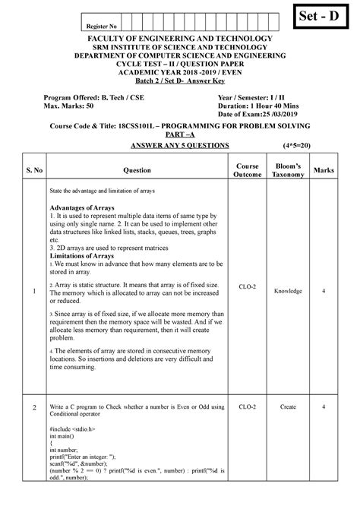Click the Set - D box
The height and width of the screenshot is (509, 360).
click(x=321, y=16)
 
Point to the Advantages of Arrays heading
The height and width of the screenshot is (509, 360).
click(x=82, y=207)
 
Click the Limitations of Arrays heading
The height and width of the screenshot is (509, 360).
click(x=82, y=256)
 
